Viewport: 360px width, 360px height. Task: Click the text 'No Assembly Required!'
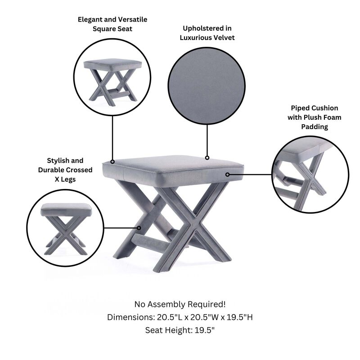(x=180, y=304)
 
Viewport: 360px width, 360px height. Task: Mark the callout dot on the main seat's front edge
(x=228, y=174)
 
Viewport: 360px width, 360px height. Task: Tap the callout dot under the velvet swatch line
(x=207, y=157)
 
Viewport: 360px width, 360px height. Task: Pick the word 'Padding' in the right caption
(x=315, y=127)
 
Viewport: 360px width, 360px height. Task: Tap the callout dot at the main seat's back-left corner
(x=112, y=162)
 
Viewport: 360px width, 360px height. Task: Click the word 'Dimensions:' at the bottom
(x=128, y=317)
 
